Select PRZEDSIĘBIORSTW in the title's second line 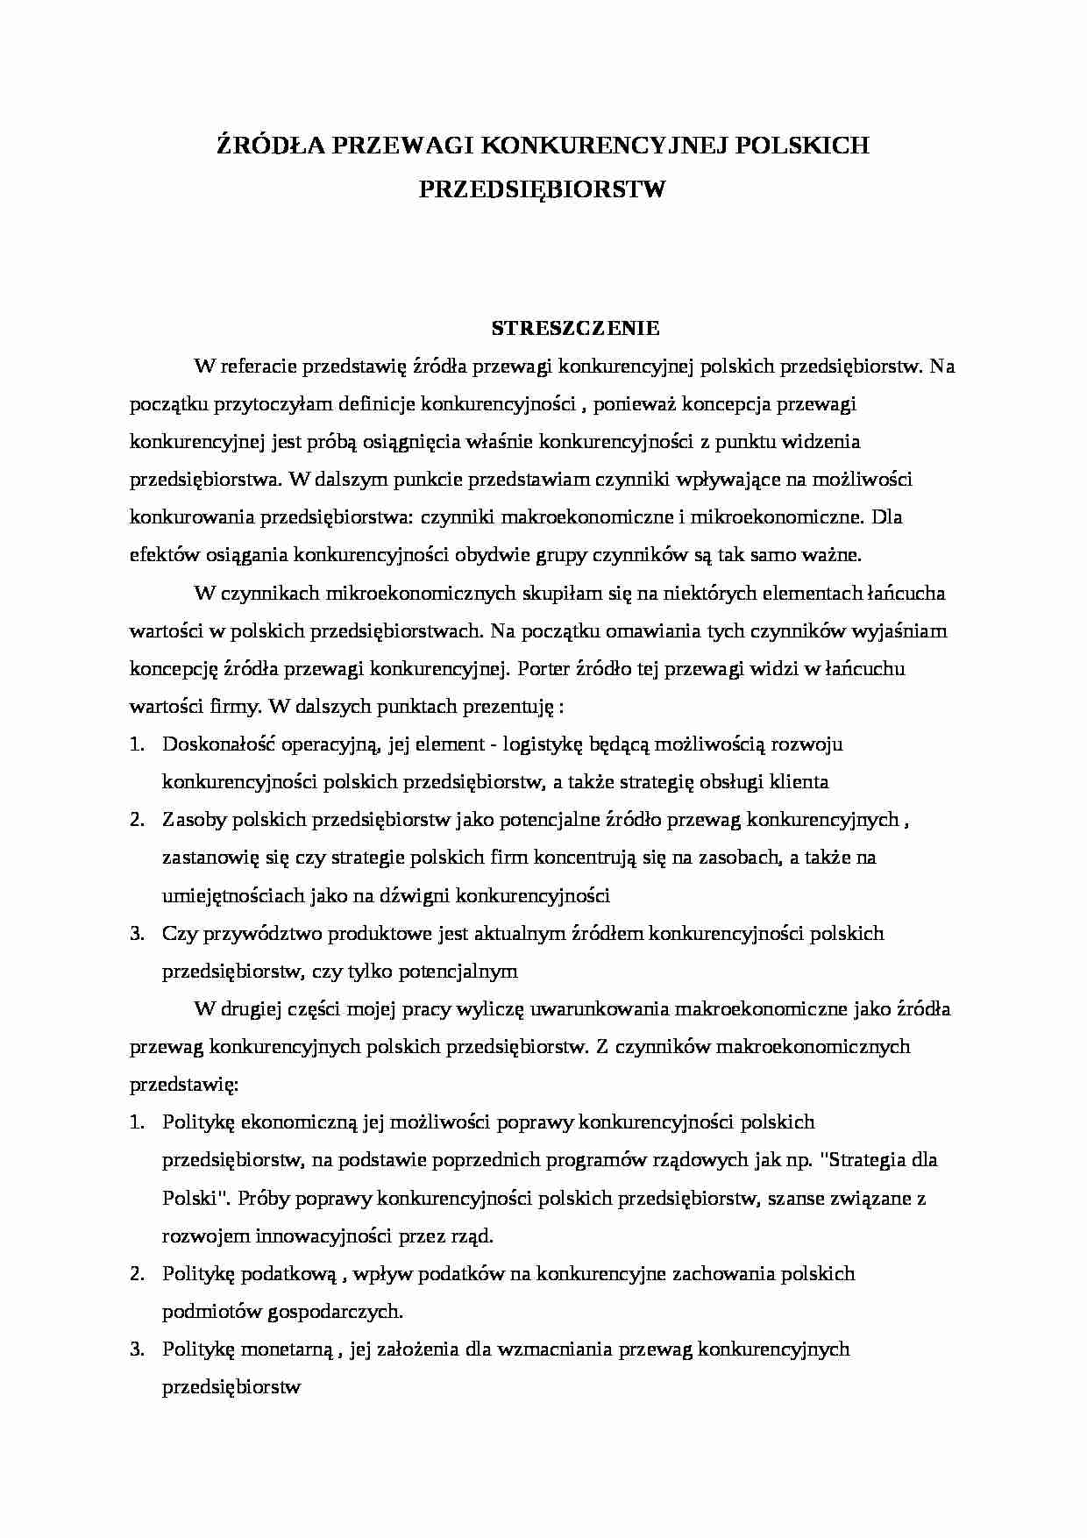(x=543, y=189)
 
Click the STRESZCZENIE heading (x=575, y=329)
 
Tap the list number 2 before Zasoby (x=136, y=819)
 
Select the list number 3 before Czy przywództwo (x=136, y=933)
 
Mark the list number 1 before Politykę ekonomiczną (x=136, y=1121)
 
